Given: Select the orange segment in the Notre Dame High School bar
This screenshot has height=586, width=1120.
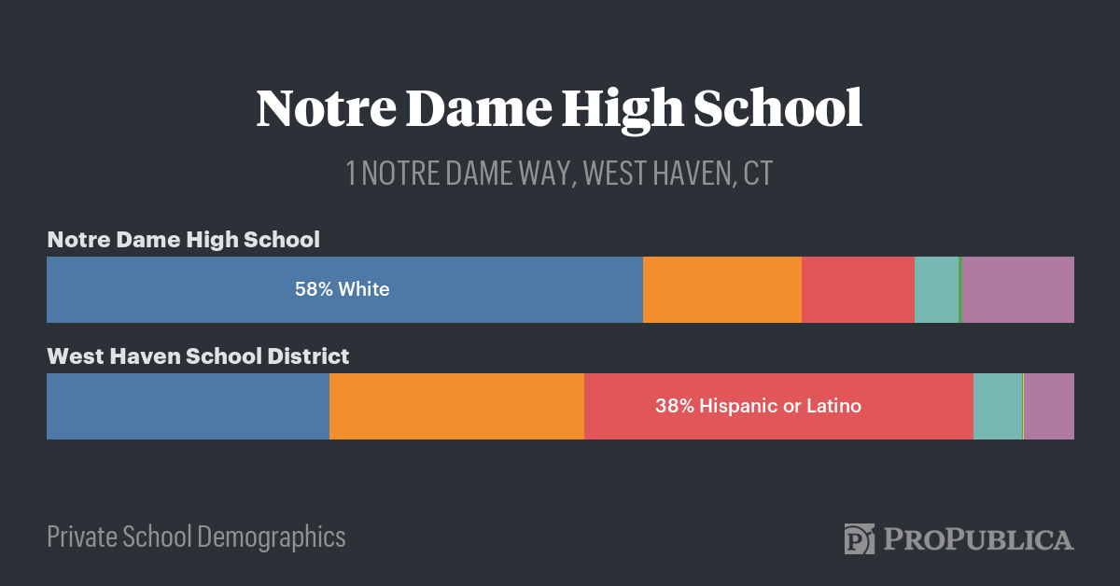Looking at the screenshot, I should pyautogui.click(x=721, y=289).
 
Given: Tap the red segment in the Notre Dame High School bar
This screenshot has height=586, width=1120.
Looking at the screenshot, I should pyautogui.click(x=858, y=289).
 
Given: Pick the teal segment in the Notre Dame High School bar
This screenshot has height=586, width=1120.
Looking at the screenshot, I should pyautogui.click(x=936, y=289).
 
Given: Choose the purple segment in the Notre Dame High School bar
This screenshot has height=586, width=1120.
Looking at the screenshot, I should pyautogui.click(x=1018, y=289).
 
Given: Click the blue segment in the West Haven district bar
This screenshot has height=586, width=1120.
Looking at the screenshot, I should pyautogui.click(x=188, y=406).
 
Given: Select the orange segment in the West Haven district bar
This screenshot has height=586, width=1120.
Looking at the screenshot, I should pyautogui.click(x=456, y=406).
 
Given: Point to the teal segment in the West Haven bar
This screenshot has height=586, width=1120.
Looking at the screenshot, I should pyautogui.click(x=998, y=406).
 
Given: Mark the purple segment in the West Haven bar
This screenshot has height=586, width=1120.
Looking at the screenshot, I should pyautogui.click(x=1050, y=406).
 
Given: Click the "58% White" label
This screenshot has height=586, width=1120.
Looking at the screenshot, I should pyautogui.click(x=342, y=289).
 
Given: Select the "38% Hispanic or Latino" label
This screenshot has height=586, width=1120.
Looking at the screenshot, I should pyautogui.click(x=758, y=406).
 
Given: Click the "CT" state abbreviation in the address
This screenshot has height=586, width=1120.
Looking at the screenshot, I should pyautogui.click(x=758, y=174).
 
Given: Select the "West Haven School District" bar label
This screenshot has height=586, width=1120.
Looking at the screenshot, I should pyautogui.click(x=198, y=356).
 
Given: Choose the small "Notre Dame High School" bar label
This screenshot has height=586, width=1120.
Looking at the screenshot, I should pyautogui.click(x=183, y=239).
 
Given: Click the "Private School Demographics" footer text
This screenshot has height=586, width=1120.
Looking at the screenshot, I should pyautogui.click(x=196, y=537).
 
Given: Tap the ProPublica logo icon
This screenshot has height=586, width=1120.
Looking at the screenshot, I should pyautogui.click(x=859, y=538).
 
